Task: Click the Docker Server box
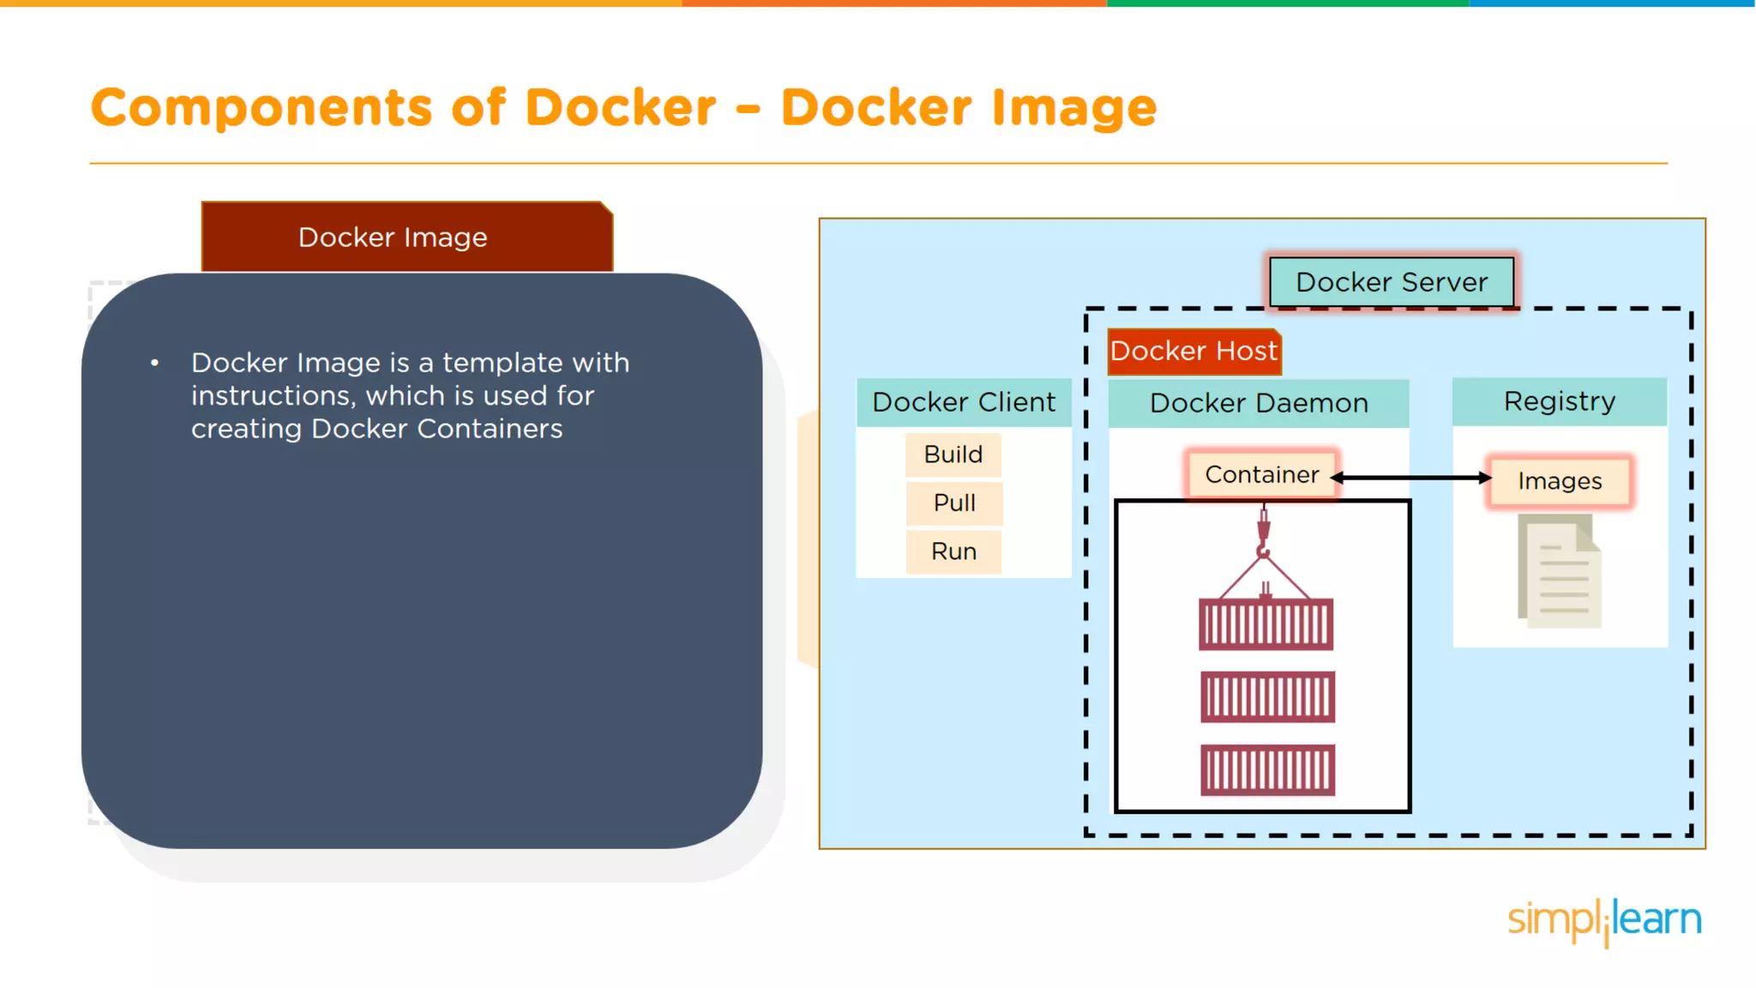1391,282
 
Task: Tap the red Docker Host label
1194,352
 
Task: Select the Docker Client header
964,402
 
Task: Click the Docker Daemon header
1258,403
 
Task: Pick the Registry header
1559,401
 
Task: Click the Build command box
953,455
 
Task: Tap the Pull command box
953,503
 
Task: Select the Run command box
953,551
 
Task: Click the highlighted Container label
1261,474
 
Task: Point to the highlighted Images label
1559,481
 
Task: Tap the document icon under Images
1560,571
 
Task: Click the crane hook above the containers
1263,535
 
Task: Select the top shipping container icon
1266,624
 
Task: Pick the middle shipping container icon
1267,696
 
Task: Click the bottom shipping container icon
1267,770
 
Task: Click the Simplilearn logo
1603,920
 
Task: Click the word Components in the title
262,108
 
